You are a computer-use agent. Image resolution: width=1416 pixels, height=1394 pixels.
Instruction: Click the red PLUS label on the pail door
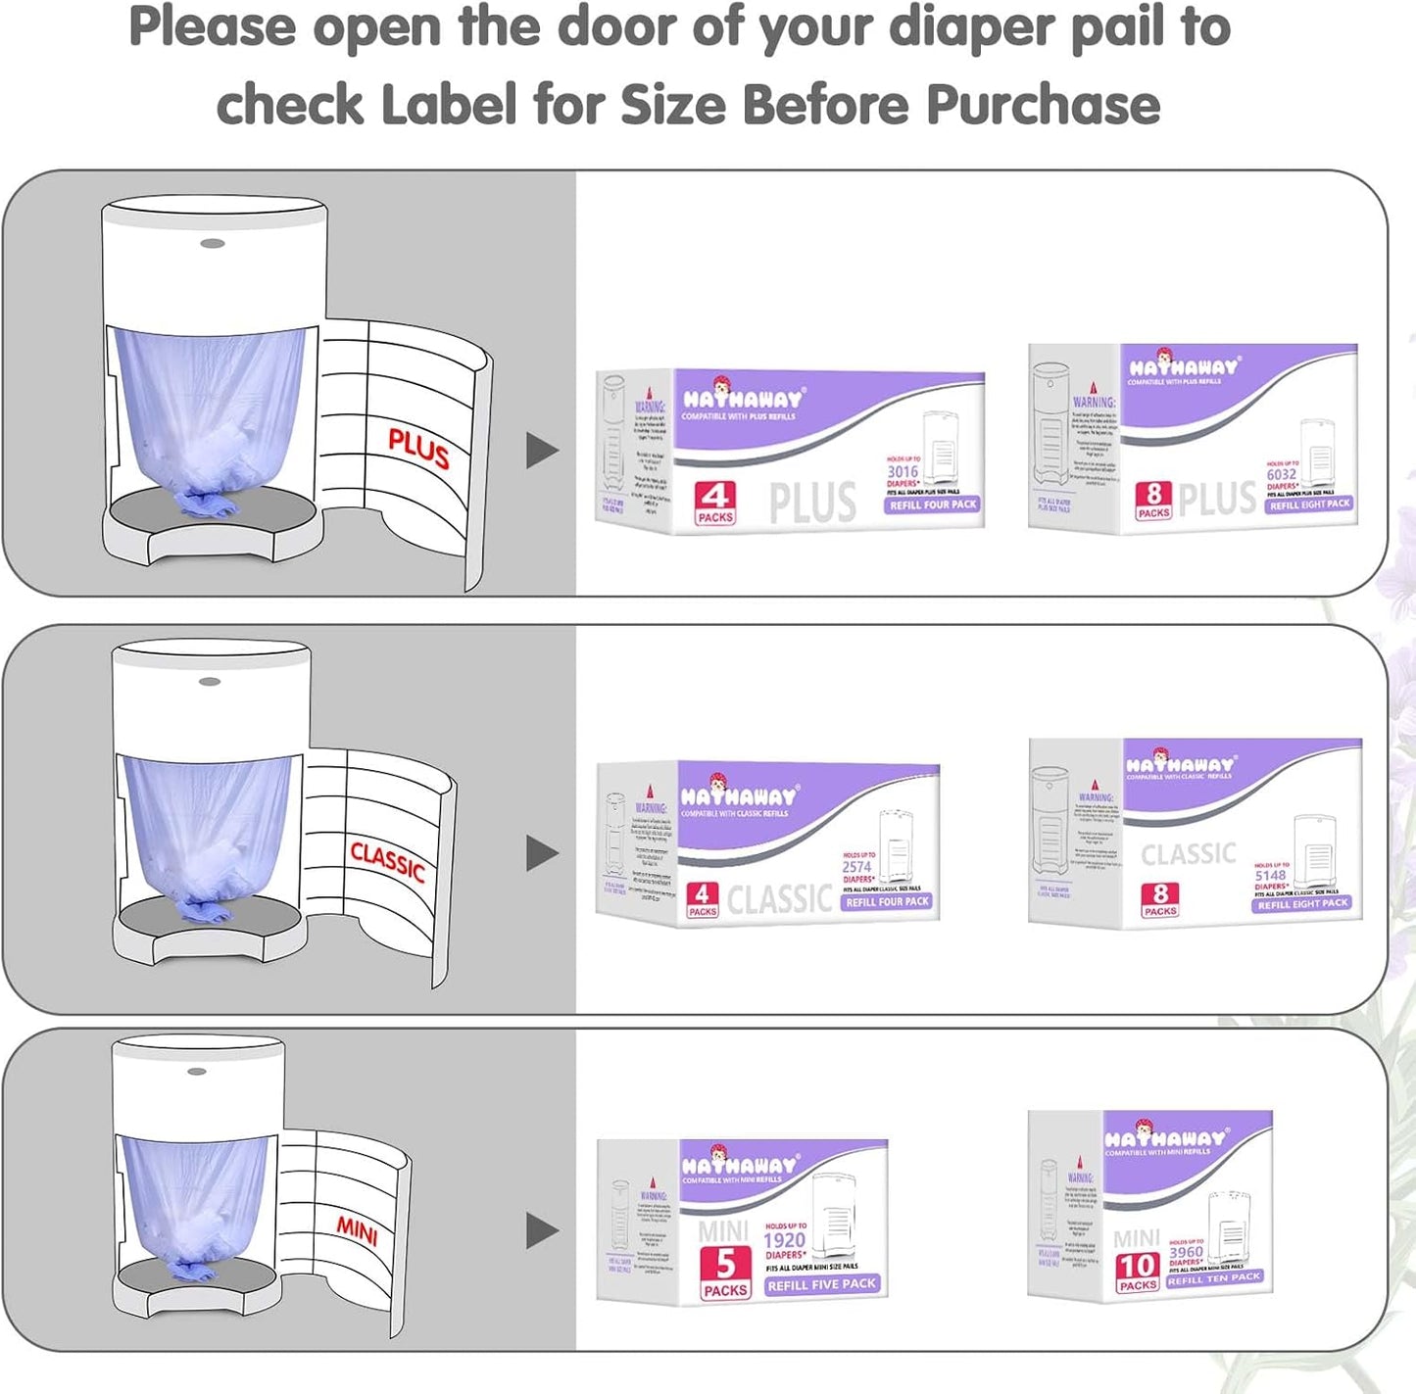point(418,449)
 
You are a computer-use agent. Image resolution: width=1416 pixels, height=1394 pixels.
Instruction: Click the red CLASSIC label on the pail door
point(388,861)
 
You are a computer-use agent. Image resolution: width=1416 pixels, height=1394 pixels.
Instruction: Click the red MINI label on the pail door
point(358,1230)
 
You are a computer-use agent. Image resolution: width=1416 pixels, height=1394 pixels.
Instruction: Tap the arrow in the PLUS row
point(542,451)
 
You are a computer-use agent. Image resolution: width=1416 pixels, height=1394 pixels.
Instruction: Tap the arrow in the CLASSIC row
point(542,853)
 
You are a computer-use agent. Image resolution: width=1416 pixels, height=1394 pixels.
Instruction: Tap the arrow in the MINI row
point(542,1231)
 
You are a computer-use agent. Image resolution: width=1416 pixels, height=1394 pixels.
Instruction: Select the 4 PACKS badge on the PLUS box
point(715,504)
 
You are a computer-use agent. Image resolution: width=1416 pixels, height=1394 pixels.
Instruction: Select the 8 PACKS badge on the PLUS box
point(1153,501)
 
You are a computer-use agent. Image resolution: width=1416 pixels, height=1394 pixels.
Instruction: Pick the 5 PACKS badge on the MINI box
point(725,1272)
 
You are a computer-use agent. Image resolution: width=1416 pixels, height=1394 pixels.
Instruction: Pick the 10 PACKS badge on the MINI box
point(1138,1272)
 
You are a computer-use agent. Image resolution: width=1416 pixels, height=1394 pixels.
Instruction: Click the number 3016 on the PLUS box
point(903,471)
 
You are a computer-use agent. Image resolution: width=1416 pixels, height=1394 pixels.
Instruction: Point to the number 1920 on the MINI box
point(784,1240)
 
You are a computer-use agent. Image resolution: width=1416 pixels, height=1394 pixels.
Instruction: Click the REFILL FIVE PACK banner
point(821,1284)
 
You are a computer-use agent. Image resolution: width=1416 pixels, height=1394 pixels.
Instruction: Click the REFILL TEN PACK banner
point(1213,1278)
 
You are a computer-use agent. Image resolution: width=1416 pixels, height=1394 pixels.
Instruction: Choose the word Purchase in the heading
point(1043,104)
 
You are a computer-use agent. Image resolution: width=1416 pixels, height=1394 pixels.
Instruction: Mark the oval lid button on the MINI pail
point(197,1071)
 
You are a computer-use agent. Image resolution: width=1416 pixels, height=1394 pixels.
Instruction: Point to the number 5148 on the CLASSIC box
point(1270,875)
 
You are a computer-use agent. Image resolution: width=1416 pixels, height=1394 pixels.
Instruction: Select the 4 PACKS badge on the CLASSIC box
point(702,898)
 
